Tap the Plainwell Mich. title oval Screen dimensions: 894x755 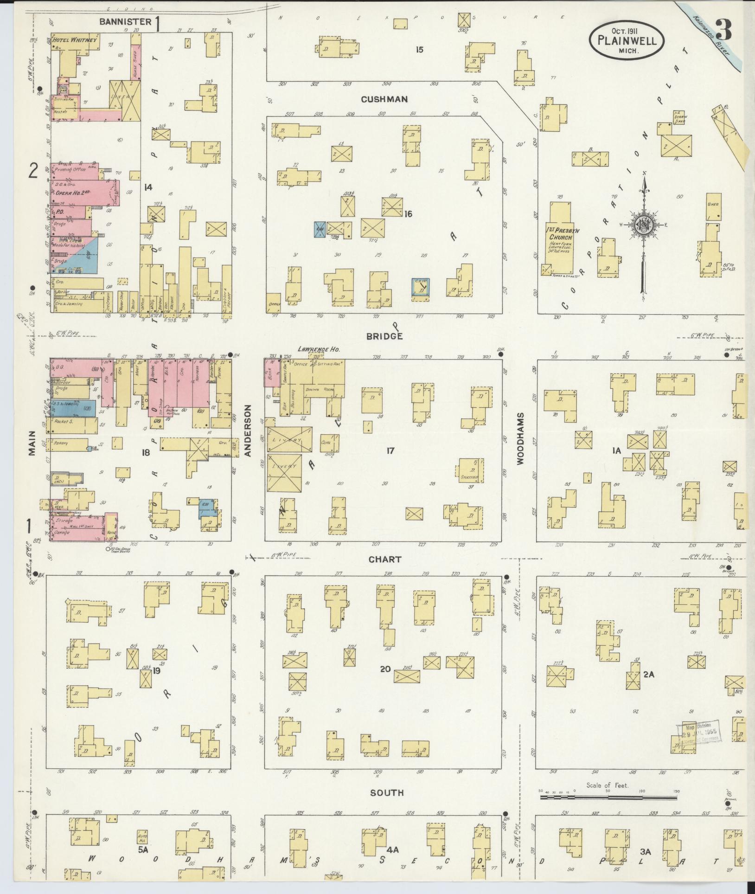click(x=626, y=40)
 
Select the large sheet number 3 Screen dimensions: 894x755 click(x=723, y=31)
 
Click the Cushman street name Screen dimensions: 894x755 click(x=384, y=99)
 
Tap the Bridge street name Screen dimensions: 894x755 click(x=384, y=336)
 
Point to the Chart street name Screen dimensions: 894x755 click(x=384, y=560)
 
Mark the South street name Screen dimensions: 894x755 click(x=387, y=792)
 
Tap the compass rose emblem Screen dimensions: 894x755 click(x=644, y=223)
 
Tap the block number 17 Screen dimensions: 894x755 click(x=390, y=450)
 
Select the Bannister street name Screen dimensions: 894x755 click(x=125, y=21)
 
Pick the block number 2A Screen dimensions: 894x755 click(x=648, y=675)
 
